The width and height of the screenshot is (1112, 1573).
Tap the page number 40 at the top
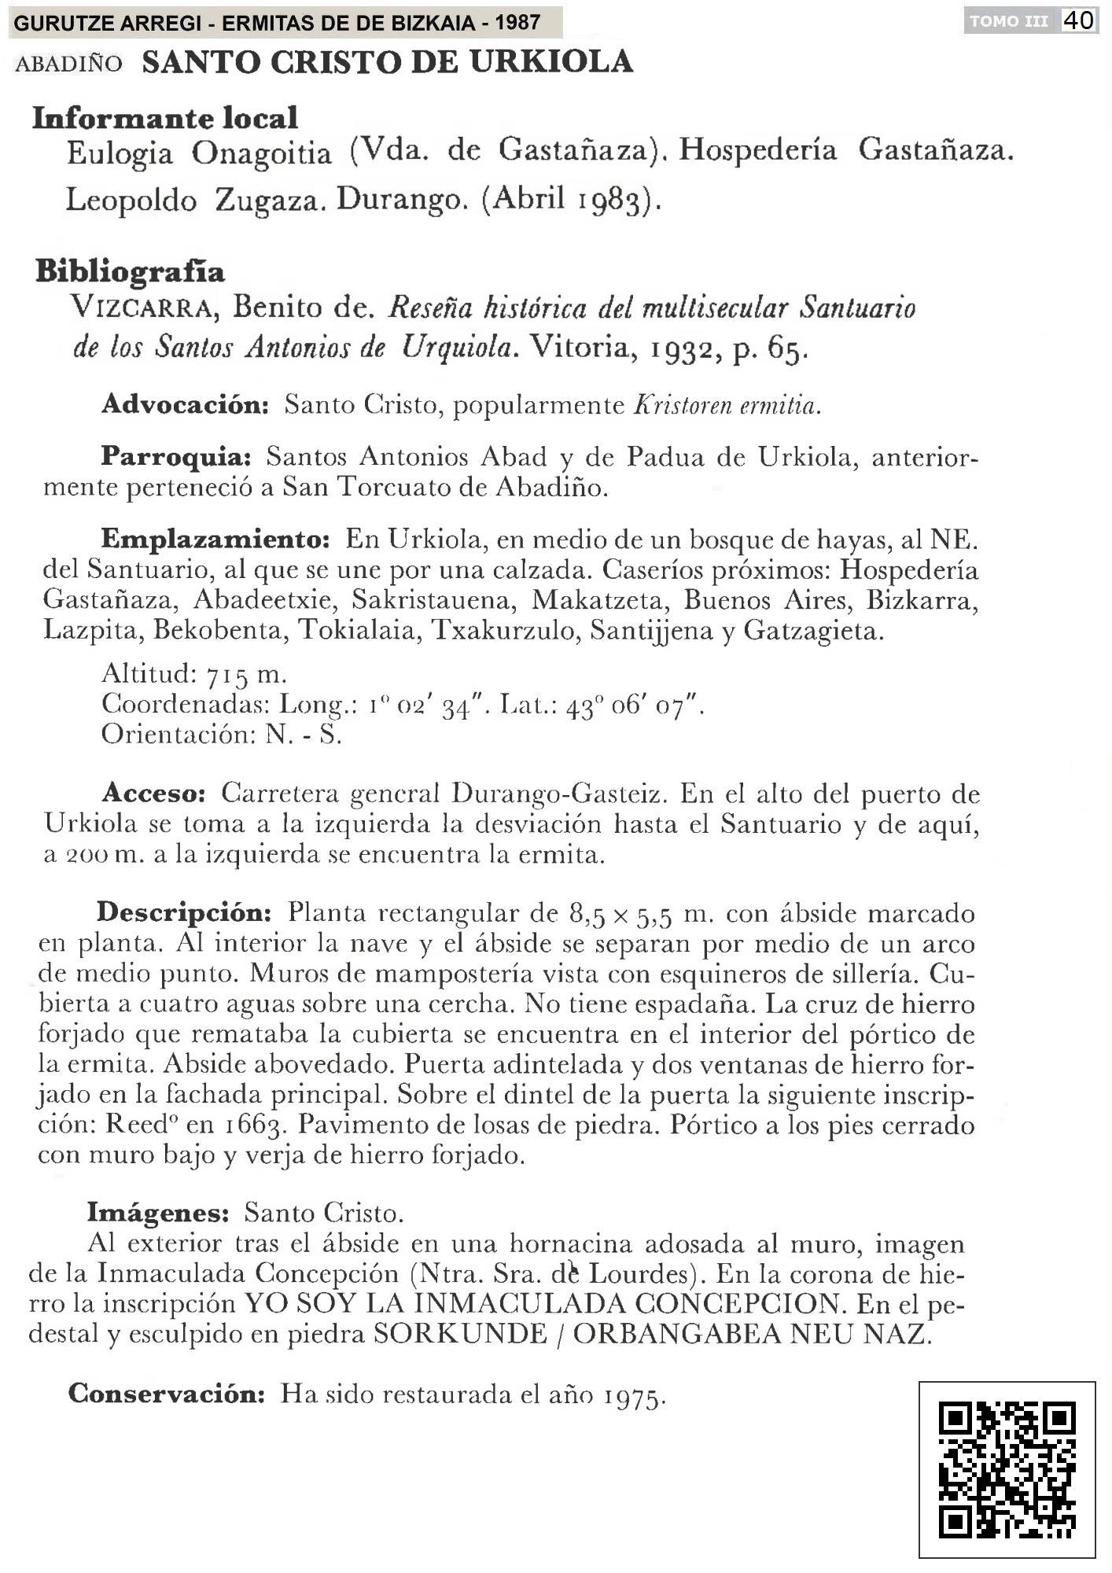click(x=1079, y=20)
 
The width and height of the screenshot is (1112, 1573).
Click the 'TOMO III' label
click(x=1009, y=21)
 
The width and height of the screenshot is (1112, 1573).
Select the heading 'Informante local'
click(x=165, y=118)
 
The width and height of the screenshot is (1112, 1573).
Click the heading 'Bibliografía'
click(x=131, y=271)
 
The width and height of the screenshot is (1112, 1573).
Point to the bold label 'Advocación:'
click(x=186, y=404)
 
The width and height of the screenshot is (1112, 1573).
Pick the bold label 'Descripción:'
click(x=184, y=913)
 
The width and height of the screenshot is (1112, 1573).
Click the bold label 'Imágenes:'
click(x=158, y=1212)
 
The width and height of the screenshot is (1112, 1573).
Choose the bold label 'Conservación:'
click(x=167, y=1393)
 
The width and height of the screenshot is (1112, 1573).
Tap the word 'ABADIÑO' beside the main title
click(x=69, y=63)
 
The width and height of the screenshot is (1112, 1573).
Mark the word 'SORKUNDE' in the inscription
click(x=460, y=1334)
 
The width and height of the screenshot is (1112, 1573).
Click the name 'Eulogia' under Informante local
click(x=120, y=152)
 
